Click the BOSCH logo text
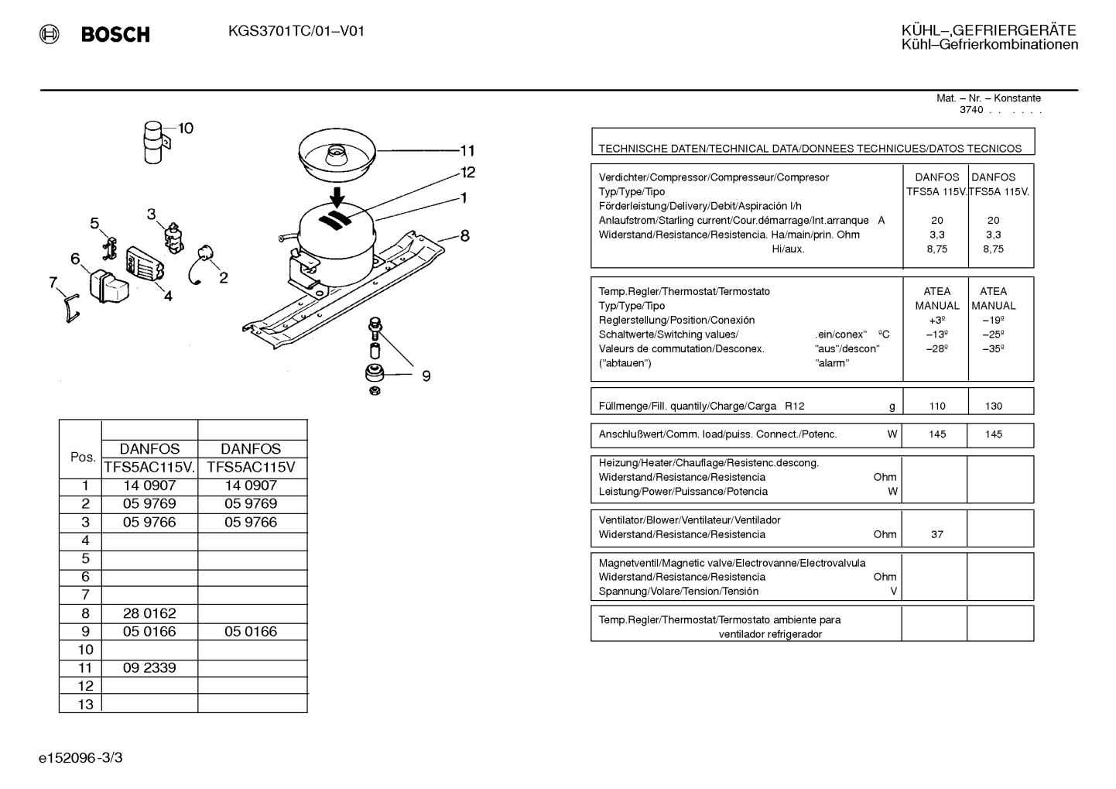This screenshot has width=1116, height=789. click(x=115, y=34)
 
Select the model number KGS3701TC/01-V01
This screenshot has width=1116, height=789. click(x=296, y=32)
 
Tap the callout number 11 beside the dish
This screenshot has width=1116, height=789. click(x=467, y=150)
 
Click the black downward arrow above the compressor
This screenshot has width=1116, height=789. click(x=337, y=197)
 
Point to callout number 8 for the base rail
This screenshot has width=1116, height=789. click(x=465, y=235)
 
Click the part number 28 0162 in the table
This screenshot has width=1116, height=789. click(x=149, y=613)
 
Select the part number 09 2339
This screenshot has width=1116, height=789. click(x=149, y=667)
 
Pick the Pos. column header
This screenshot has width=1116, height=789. click(x=83, y=457)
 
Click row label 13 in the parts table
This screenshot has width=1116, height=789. click(x=86, y=705)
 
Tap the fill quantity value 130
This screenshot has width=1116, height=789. click(x=994, y=407)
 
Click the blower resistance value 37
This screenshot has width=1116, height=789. click(x=937, y=534)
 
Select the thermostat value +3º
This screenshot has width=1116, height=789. click(x=937, y=320)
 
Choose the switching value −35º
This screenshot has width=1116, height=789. click(x=993, y=349)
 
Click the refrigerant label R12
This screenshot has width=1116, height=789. click(x=795, y=407)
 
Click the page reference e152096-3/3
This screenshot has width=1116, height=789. click(x=80, y=757)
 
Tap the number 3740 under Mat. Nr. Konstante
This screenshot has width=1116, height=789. click(x=971, y=110)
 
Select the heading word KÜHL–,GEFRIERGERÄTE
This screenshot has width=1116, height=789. click(x=988, y=31)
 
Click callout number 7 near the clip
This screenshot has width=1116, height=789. click(x=53, y=283)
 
